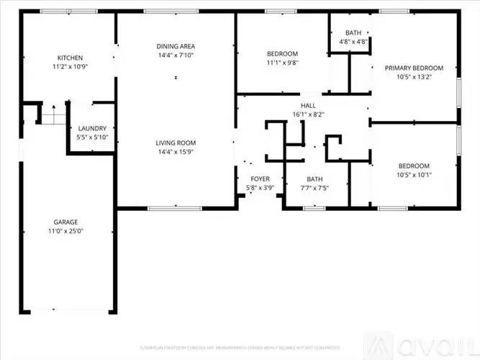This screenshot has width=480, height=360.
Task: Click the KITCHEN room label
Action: point(71,58)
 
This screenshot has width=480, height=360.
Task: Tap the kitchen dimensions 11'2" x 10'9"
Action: point(71,67)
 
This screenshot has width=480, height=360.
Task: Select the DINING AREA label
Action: point(176,47)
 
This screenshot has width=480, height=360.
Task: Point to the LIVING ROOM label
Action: point(176,143)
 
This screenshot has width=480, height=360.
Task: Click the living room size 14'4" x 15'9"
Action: point(176,152)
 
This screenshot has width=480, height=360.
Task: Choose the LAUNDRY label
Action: point(92,128)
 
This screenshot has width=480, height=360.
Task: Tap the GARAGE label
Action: point(65,222)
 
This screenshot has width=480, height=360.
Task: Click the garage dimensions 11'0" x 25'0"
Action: point(65,231)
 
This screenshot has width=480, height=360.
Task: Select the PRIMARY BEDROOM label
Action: point(414,68)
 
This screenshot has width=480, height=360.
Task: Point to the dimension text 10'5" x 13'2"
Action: point(414,77)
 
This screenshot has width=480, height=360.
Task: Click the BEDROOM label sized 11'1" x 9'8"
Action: point(282,54)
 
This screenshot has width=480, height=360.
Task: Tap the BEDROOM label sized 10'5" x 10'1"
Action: point(414,165)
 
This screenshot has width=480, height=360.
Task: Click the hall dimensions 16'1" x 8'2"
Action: point(309,114)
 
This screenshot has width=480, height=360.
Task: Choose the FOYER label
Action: point(260,179)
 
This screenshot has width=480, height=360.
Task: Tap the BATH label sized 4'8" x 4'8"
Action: point(353,33)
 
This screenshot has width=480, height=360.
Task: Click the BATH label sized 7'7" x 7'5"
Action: point(315,179)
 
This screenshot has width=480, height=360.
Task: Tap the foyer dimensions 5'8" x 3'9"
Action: point(260,188)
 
